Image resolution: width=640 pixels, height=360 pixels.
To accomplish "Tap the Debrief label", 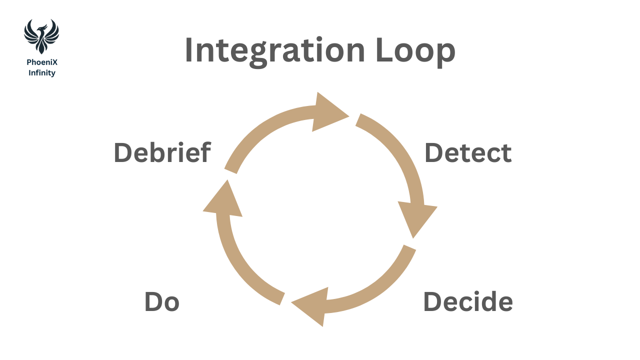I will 162,152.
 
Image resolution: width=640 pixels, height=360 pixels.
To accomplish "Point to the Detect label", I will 468,152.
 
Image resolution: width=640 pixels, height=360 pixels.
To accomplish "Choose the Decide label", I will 468,301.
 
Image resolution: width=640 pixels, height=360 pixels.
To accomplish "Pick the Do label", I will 161,302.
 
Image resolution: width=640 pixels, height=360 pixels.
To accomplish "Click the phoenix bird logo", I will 41,36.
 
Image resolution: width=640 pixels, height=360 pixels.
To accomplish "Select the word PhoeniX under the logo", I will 42,62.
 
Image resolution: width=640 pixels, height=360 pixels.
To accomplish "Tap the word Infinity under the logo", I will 42,73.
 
